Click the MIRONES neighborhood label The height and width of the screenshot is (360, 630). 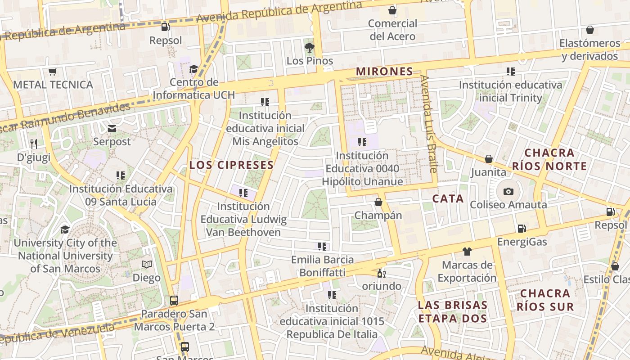pos(384,71)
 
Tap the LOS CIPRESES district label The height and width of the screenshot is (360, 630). pos(231,165)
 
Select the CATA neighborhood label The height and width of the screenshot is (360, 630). pos(448,198)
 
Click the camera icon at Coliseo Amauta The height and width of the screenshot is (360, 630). pos(508,191)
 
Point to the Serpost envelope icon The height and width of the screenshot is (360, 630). pos(112,129)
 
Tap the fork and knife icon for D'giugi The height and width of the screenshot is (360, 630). pos(34,144)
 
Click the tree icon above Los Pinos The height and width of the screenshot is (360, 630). pos(309,47)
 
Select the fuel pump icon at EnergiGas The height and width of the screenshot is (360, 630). pos(522,229)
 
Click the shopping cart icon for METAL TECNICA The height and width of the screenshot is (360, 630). pos(53,72)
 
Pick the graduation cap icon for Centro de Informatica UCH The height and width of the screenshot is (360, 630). pos(193,69)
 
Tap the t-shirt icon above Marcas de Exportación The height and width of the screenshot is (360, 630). pos(467,251)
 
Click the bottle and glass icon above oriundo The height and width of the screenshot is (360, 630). pos(381,273)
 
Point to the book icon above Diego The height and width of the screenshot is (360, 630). pos(147,264)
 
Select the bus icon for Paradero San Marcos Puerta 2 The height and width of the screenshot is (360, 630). pos(174,300)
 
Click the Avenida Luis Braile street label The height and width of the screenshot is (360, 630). pos(429,124)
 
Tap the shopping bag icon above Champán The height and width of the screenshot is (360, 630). pos(378,202)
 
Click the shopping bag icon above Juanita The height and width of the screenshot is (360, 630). pos(489,159)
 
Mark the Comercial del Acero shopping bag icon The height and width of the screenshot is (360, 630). pos(392,10)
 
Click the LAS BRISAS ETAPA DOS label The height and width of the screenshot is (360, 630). pos(453,311)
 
